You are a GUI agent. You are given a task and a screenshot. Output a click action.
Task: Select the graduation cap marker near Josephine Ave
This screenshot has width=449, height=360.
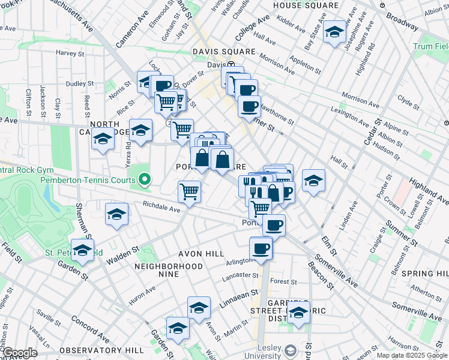334,32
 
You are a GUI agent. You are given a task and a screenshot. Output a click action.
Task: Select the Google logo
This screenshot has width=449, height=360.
20,353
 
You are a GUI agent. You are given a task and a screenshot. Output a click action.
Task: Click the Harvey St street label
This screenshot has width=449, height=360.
70,53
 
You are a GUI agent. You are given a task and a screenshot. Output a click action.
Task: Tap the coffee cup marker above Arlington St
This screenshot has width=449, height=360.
261,248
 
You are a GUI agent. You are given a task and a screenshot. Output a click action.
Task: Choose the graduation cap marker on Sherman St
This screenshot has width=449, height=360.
116,215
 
